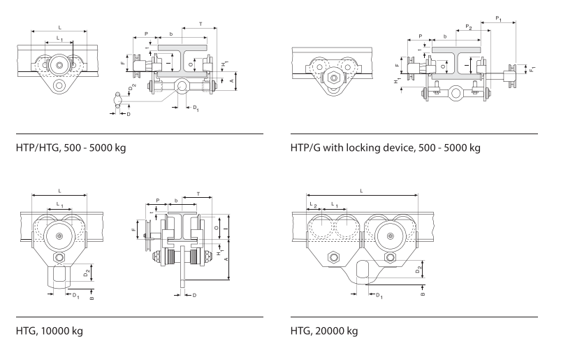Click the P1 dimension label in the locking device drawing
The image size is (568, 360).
(498, 17)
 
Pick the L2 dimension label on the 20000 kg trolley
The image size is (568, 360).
(312, 205)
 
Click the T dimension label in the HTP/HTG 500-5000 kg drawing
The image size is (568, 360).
(201, 24)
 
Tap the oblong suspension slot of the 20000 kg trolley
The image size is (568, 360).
(361, 271)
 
